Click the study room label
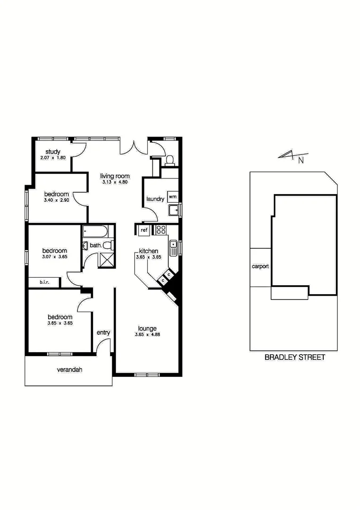point(53,152)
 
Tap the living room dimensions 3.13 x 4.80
point(115,182)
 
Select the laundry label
point(155,199)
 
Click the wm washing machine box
point(172,195)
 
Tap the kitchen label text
point(149,251)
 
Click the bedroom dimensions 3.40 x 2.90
point(57,200)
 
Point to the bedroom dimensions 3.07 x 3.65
point(55,257)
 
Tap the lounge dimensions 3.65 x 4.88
point(147,335)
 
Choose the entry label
point(103,332)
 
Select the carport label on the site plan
point(260,266)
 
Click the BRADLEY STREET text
point(295,357)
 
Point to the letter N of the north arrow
point(301,160)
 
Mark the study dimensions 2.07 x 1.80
point(53,157)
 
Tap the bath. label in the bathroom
point(96,246)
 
